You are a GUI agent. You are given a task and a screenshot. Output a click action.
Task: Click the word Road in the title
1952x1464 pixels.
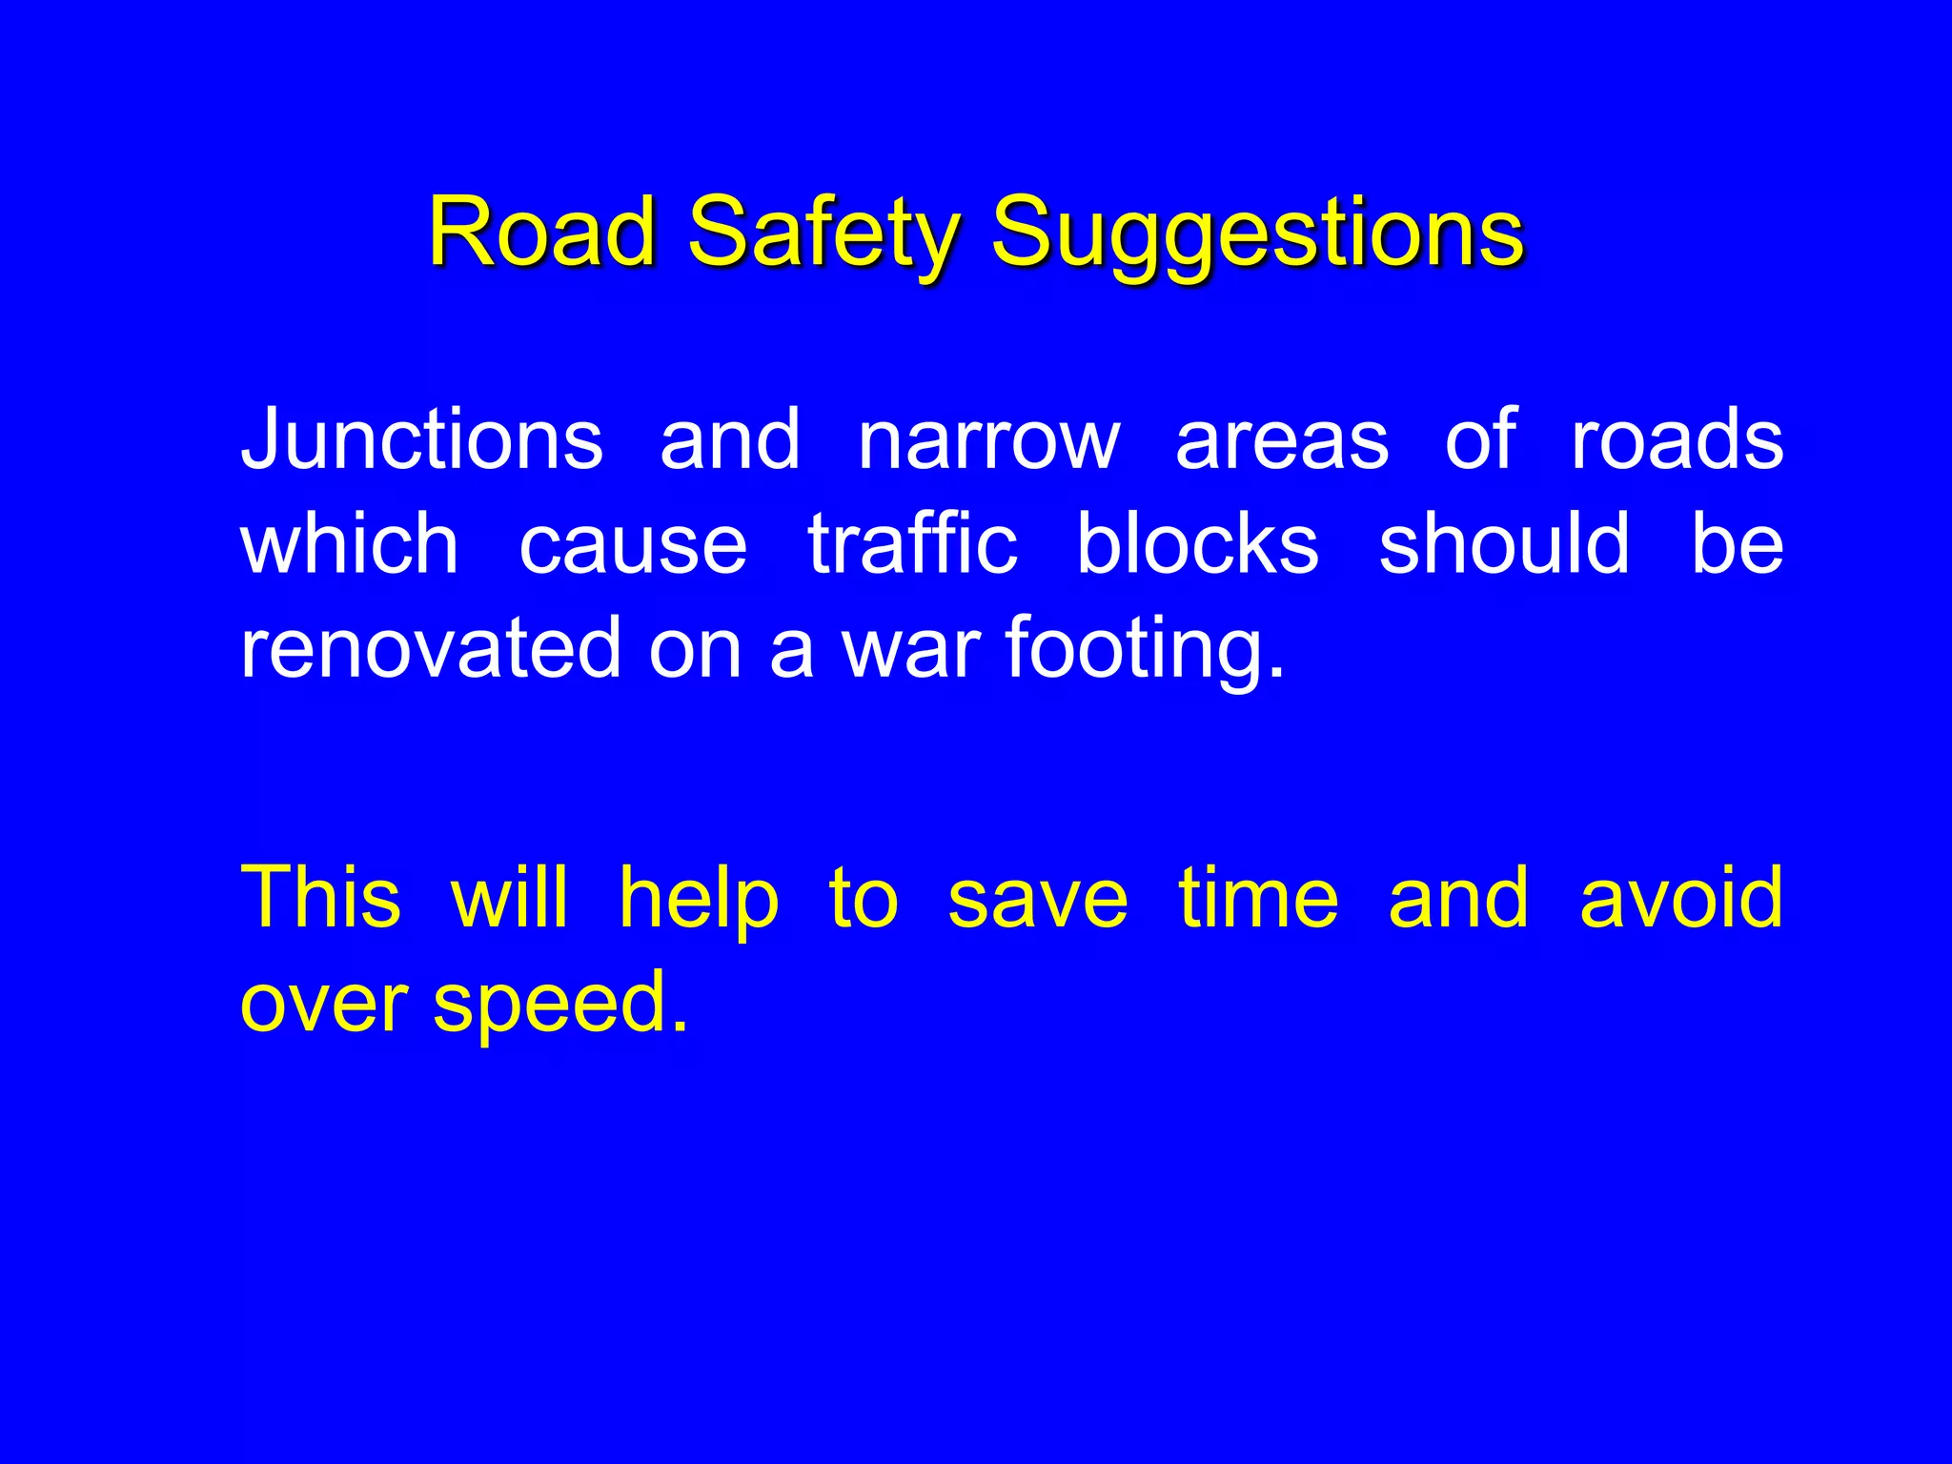click(541, 232)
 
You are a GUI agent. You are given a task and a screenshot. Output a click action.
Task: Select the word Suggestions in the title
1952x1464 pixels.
click(1256, 234)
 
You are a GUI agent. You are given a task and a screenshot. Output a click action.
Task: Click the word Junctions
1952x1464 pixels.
click(421, 439)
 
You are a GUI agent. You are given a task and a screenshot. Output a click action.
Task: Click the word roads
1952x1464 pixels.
click(1677, 439)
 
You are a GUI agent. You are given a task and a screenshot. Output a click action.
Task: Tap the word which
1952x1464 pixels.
click(350, 543)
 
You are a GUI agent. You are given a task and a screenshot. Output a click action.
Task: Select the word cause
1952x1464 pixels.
click(633, 545)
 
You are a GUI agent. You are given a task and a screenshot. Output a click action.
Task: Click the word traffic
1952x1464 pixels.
click(912, 543)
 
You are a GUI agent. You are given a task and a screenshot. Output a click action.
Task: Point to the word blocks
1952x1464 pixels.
click(1197, 543)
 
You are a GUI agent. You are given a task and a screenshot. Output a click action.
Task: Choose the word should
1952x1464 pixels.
click(1504, 543)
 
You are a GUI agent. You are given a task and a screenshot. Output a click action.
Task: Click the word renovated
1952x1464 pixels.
click(430, 648)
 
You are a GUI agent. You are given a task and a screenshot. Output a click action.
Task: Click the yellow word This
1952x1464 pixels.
click(321, 897)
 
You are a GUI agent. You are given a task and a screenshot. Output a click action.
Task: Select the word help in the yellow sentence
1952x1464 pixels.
click(699, 899)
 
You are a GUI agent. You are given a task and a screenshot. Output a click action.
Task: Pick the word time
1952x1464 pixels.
click(1258, 897)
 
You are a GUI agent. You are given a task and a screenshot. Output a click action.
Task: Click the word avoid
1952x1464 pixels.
click(1681, 897)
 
